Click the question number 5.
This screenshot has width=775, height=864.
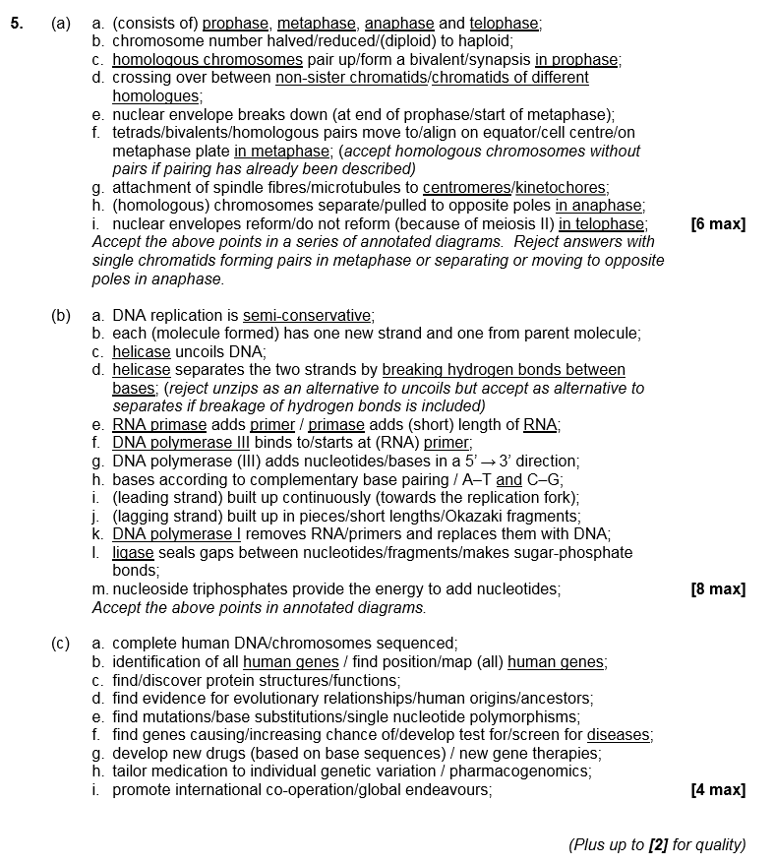17,24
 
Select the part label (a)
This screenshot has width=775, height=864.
61,24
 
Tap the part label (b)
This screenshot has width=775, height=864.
61,316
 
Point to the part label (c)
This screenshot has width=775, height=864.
61,644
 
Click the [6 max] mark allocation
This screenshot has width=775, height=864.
718,224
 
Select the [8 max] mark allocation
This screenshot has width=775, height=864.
718,589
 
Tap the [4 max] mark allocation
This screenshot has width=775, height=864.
718,790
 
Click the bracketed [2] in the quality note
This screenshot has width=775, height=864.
657,844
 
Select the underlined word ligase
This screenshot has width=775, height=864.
133,553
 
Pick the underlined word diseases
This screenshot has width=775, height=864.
619,735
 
